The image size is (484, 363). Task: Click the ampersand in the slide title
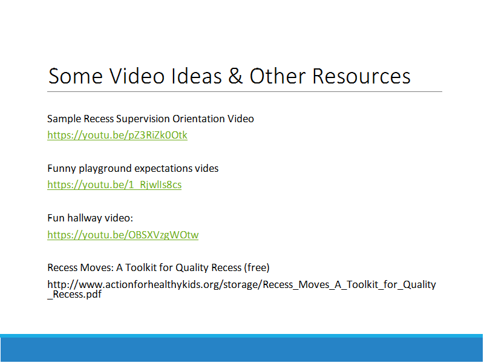235,76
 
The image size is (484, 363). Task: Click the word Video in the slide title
137,76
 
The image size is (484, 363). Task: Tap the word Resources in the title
361,76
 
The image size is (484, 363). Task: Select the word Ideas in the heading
196,76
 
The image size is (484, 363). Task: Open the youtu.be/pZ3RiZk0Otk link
117,135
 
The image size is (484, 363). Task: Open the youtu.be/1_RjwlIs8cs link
114,185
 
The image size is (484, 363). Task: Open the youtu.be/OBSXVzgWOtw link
123,235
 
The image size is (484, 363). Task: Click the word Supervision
143,119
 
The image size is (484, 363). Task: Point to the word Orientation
198,119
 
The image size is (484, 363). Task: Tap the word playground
105,169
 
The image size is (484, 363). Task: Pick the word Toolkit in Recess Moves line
141,267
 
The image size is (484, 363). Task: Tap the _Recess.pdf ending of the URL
74,294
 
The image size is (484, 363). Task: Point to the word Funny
62,169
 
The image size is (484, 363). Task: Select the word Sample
64,119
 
